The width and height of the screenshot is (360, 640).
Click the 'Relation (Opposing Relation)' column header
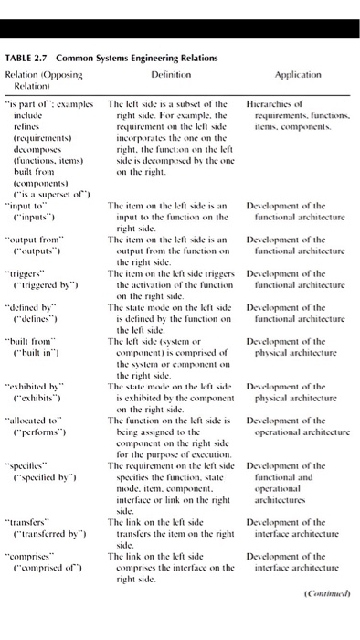[43, 72]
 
